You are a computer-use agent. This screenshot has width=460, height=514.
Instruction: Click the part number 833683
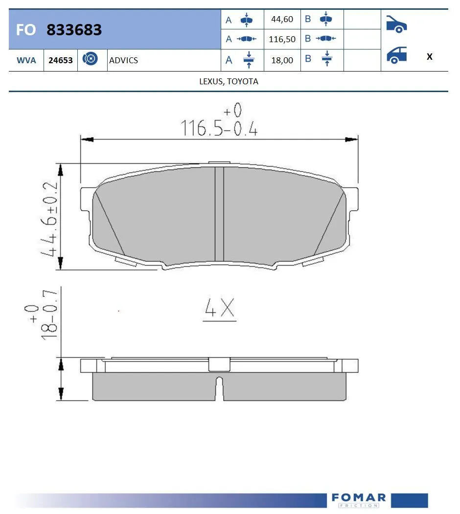tap(74, 30)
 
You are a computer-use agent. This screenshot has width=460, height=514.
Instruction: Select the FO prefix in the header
tap(25, 30)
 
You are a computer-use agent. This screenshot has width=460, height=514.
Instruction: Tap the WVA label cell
tap(25, 60)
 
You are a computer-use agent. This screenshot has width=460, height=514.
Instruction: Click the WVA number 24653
tap(61, 60)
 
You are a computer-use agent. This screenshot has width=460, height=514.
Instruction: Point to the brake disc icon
tap(90, 59)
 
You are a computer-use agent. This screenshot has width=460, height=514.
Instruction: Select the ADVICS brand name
tap(123, 60)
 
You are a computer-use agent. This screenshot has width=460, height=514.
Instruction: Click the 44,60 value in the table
tap(282, 19)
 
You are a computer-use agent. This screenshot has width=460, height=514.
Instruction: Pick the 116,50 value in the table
tap(282, 39)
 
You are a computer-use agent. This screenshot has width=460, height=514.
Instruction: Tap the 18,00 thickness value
tap(282, 60)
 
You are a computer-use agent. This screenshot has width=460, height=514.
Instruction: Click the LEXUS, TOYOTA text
tap(229, 81)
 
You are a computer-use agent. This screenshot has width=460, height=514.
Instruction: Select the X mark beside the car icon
tap(429, 57)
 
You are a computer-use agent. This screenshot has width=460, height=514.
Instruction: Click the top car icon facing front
tap(396, 24)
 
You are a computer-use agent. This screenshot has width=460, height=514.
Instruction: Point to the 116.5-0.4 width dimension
tap(219, 128)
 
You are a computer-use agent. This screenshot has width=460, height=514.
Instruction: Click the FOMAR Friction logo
tap(358, 500)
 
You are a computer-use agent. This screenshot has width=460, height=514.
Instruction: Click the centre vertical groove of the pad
tap(219, 214)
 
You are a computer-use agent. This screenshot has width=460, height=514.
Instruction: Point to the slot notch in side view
tap(219, 382)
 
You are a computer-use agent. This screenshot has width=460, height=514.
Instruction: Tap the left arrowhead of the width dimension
tap(86, 140)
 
